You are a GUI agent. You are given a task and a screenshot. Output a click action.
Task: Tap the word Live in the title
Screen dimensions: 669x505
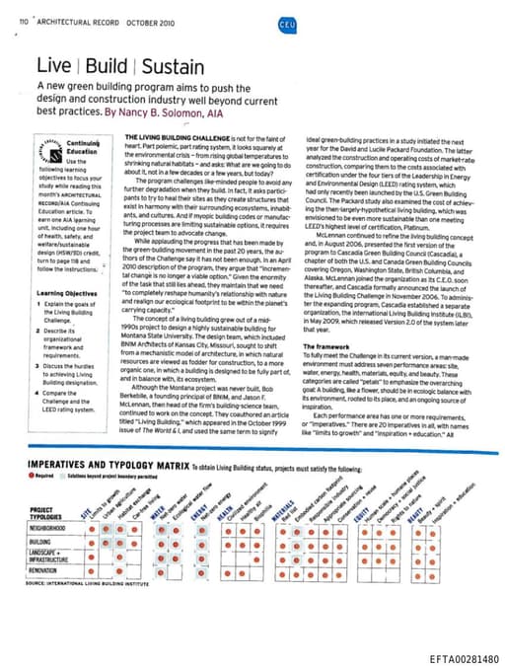point(53,67)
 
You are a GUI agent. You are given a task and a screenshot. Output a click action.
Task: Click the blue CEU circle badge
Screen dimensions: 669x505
point(286,22)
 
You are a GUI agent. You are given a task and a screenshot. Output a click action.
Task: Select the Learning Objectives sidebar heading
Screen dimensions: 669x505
point(64,294)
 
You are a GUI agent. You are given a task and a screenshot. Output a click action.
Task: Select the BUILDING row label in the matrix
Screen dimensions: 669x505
point(39,542)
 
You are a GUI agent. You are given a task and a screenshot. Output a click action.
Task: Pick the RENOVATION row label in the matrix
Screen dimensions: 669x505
point(44,571)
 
